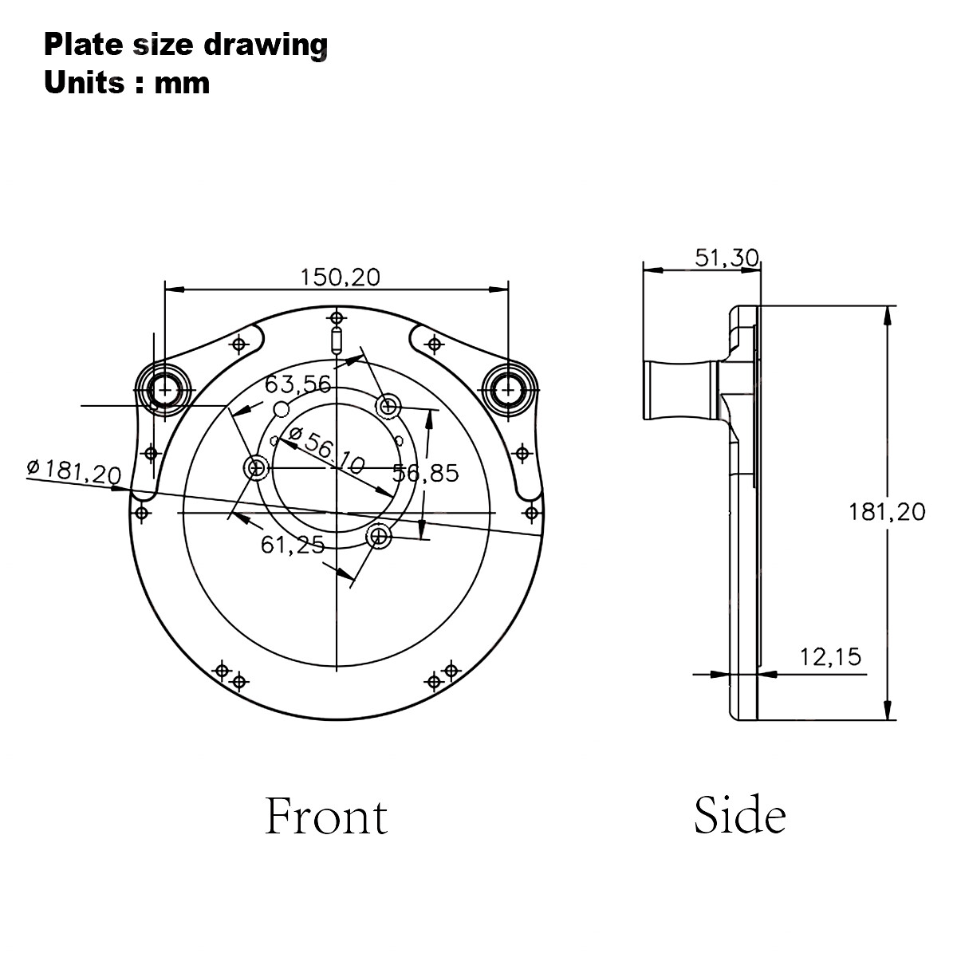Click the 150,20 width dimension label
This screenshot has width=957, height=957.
point(341,277)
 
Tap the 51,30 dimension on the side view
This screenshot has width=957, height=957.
point(727,258)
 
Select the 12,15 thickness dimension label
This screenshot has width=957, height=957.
point(830,657)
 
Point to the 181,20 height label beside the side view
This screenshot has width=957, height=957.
point(887,512)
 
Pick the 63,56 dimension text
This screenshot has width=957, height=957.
point(297,384)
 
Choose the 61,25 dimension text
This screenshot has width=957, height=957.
point(293,545)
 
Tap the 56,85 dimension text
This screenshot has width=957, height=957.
point(426,473)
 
